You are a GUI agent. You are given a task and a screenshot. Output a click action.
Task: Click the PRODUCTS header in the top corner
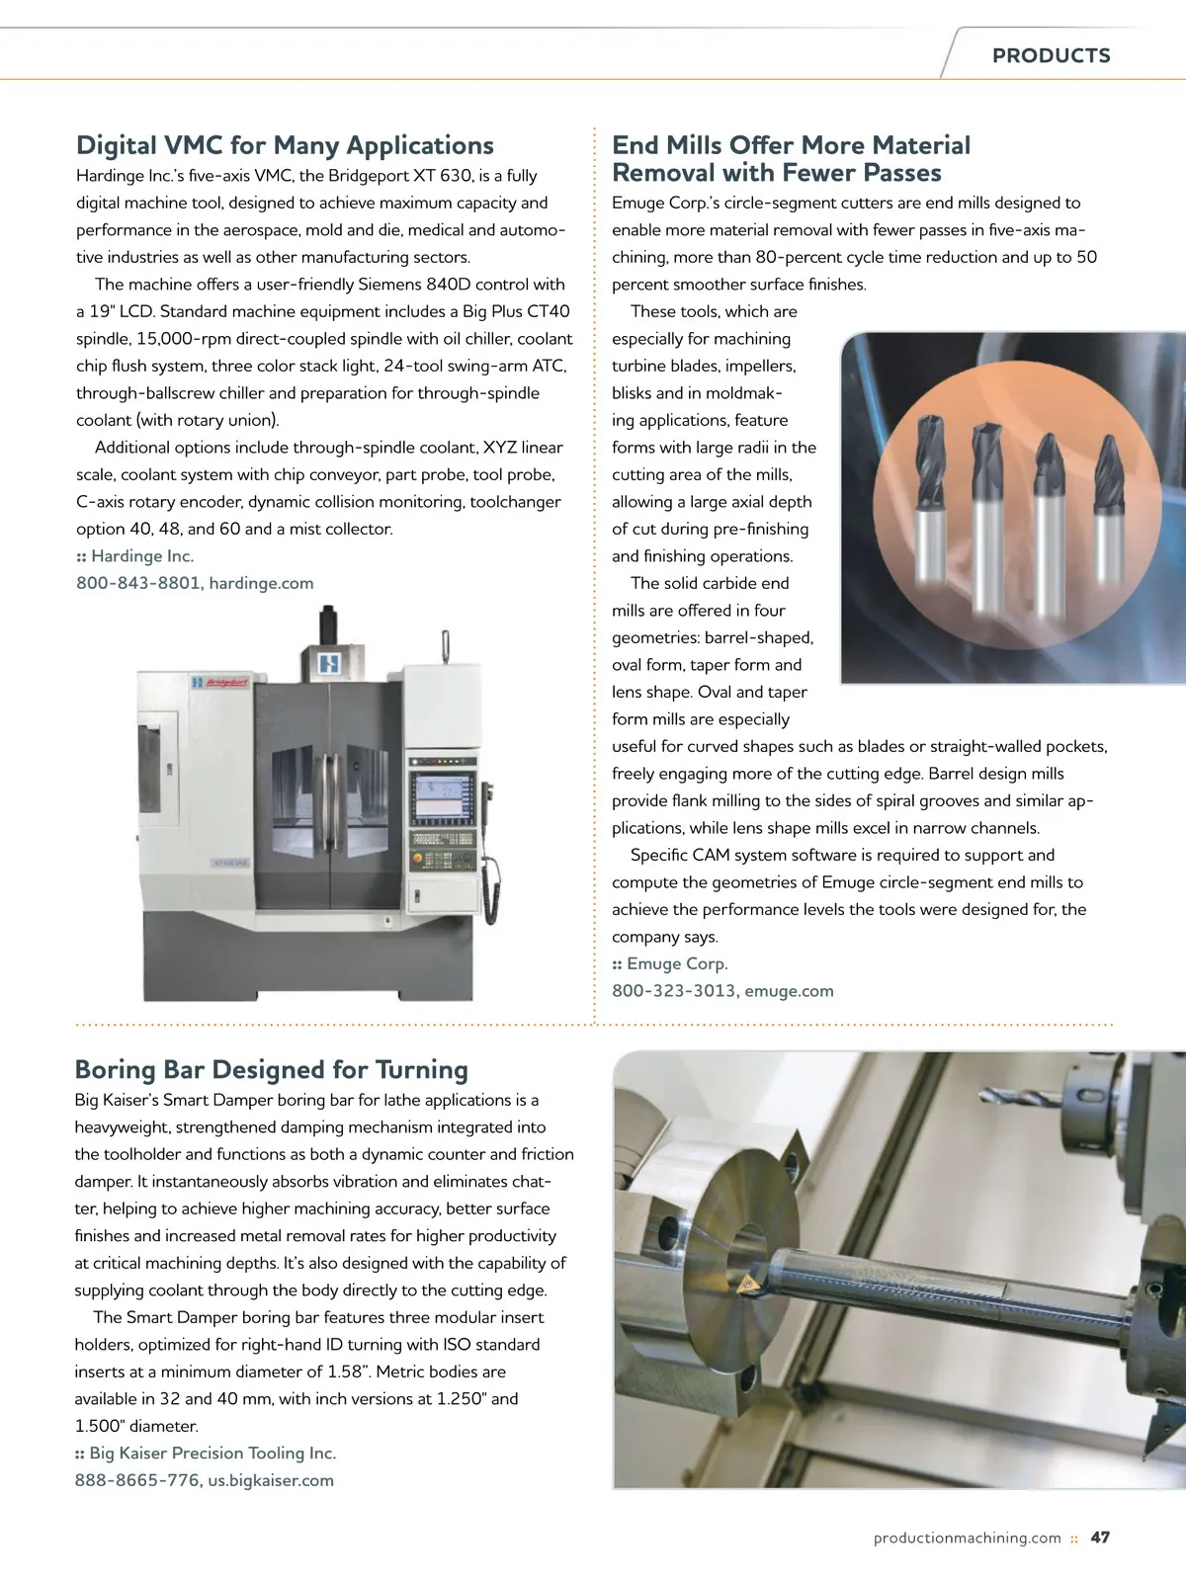coord(1051,55)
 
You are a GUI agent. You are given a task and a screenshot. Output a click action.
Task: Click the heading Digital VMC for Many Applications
coord(285,145)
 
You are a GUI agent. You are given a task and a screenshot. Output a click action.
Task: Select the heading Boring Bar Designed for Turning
coord(272,1069)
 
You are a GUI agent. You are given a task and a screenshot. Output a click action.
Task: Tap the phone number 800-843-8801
coord(137,583)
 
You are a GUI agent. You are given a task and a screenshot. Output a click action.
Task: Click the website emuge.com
coord(789,991)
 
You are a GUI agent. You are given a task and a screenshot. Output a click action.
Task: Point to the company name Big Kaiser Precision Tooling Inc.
coord(212,1453)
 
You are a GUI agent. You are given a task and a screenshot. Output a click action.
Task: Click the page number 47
coord(1100,1538)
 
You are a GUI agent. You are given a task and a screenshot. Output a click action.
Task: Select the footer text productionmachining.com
coord(967,1538)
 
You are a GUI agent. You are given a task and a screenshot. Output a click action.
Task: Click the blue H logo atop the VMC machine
coord(329,663)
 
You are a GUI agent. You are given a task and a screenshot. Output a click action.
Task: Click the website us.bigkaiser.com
coord(271,1480)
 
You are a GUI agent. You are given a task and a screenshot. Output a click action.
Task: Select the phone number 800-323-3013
coord(673,991)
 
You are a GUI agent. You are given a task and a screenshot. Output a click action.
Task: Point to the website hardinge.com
coord(261,583)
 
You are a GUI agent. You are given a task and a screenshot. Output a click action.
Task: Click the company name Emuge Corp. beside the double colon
coord(677,963)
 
